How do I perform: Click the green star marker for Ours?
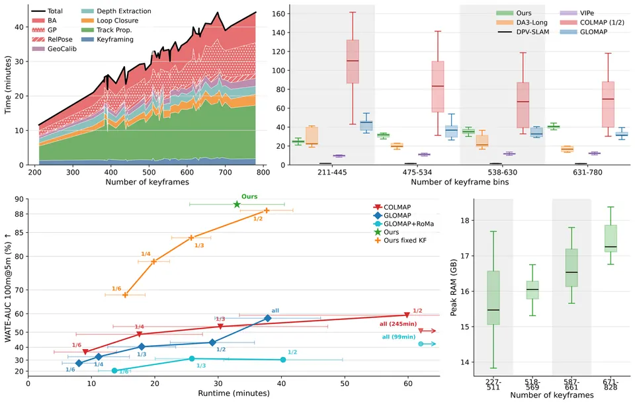click(x=237, y=204)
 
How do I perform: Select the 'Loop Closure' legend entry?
click(x=110, y=20)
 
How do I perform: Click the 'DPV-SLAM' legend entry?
click(x=523, y=32)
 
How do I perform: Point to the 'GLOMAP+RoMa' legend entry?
click(x=403, y=224)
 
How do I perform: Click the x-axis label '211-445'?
click(x=332, y=173)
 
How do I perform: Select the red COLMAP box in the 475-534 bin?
click(x=438, y=87)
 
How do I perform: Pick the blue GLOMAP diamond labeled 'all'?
click(x=268, y=318)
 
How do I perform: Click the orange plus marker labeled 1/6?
click(x=125, y=295)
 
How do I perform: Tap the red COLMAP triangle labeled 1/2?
click(x=407, y=315)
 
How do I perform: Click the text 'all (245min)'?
click(x=398, y=324)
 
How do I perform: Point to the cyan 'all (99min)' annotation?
click(x=399, y=337)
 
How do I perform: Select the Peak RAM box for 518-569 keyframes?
click(x=532, y=290)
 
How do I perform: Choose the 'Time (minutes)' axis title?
click(x=8, y=85)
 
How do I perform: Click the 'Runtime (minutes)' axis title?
click(x=233, y=393)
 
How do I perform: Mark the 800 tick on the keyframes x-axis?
click(x=263, y=173)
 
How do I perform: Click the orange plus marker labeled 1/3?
click(x=191, y=237)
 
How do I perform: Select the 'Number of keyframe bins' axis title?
click(x=460, y=182)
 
